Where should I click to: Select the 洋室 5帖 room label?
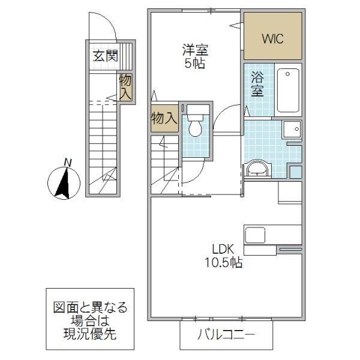pyautogui.click(x=194, y=56)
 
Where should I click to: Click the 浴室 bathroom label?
pyautogui.click(x=257, y=84)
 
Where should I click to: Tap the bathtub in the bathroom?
pyautogui.click(x=289, y=91)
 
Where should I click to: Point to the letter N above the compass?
pyautogui.click(x=68, y=162)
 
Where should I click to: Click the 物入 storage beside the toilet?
pyautogui.click(x=163, y=117)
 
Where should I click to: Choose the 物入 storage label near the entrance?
pyautogui.click(x=125, y=87)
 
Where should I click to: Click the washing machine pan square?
pyautogui.click(x=292, y=130)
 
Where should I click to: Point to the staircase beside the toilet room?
pyautogui.click(x=164, y=164)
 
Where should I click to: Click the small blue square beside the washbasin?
pyautogui.click(x=295, y=172)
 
